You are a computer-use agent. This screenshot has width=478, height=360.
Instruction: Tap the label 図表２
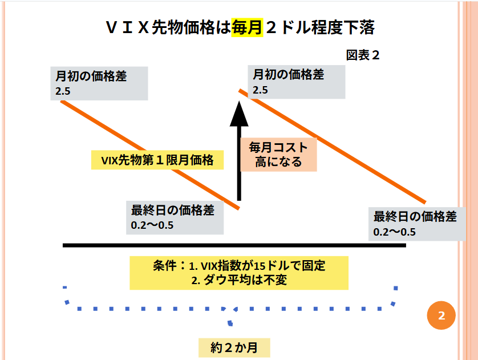pos(363,55)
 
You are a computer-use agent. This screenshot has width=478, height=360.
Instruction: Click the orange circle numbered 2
pos(441,316)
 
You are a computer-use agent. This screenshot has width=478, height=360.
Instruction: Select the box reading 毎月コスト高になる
pos(278,155)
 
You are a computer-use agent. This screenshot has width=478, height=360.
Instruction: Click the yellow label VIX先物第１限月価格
pos(157,160)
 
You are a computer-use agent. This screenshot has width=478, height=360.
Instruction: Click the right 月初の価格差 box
pos(297,81)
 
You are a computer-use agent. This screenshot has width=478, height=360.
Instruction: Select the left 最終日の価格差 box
pos(174,217)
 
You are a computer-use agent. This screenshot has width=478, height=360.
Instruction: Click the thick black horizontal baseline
pos(234,245)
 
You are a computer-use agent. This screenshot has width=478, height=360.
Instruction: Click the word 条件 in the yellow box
pos(165,266)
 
